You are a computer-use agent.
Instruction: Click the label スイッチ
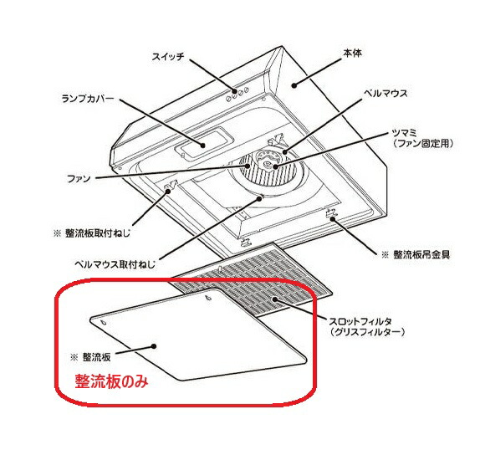click(x=168, y=57)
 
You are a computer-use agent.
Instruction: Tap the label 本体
click(x=352, y=54)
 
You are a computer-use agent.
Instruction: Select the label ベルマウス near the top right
click(x=385, y=93)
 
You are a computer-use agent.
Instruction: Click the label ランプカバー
click(x=88, y=99)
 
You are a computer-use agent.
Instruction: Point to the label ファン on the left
click(x=79, y=178)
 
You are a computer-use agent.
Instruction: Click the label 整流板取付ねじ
click(x=98, y=233)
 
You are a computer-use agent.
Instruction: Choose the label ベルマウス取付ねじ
click(x=115, y=264)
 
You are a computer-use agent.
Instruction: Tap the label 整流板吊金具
click(x=421, y=254)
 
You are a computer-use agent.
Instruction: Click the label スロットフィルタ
click(x=361, y=321)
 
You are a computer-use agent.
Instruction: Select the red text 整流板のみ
click(x=111, y=381)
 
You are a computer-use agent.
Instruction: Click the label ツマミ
click(x=405, y=133)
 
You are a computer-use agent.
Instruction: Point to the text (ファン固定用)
click(x=423, y=144)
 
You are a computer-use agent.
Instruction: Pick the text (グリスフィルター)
click(x=367, y=332)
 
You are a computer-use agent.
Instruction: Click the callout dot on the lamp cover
click(x=203, y=145)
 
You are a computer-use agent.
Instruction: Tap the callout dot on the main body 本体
click(x=294, y=85)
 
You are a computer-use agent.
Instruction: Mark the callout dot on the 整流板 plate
click(x=153, y=346)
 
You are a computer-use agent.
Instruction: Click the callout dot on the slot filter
click(x=274, y=299)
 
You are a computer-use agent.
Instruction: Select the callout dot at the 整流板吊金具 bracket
click(x=333, y=219)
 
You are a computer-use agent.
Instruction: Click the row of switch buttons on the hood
click(x=237, y=95)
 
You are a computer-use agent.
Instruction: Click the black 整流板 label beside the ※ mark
click(x=96, y=357)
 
